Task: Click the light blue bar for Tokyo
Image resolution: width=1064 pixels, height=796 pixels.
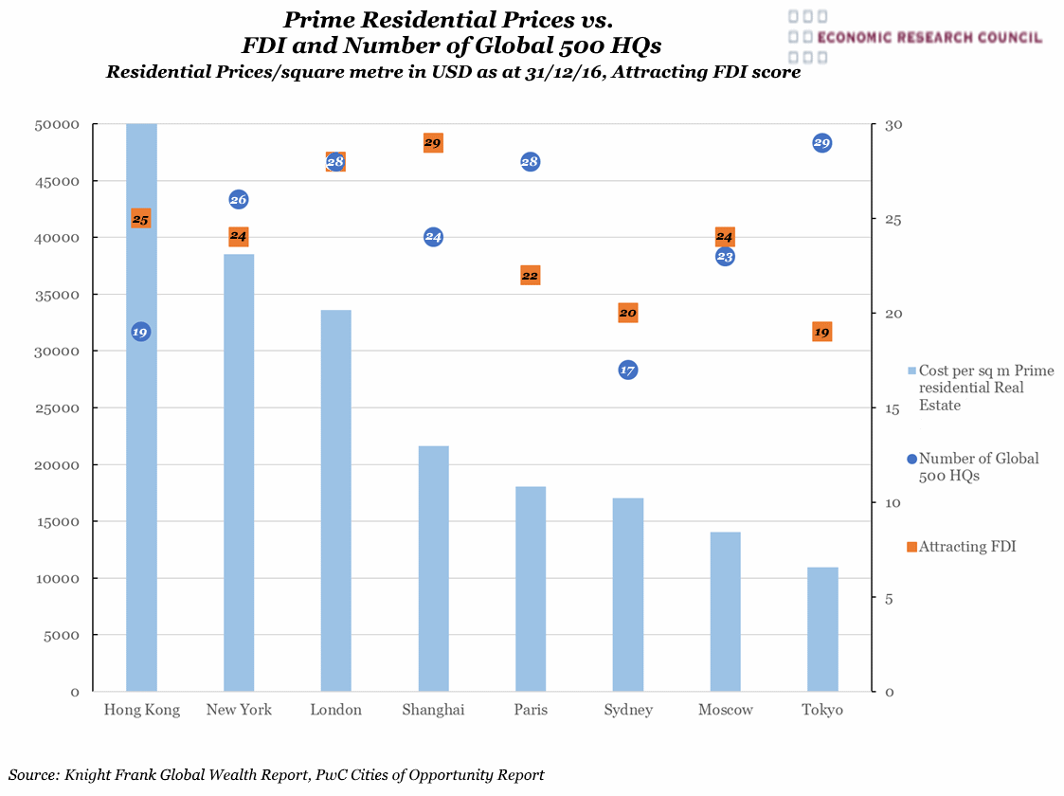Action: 822,629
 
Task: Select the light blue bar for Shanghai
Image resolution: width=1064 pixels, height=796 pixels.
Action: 433,569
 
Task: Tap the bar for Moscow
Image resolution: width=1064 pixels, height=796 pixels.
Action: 725,611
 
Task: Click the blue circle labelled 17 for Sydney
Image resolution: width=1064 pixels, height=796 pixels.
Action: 627,370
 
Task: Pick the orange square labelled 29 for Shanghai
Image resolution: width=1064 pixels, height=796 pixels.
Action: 433,143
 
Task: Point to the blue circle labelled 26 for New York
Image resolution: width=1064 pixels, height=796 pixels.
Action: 239,199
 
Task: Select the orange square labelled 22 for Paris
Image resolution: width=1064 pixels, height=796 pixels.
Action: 530,276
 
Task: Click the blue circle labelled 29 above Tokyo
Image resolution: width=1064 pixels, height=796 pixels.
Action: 821,143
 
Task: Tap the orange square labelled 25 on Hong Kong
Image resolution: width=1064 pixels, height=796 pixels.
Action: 141,219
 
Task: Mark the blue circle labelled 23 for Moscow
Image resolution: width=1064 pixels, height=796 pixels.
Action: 725,257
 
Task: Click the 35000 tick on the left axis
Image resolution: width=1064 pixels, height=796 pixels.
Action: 60,295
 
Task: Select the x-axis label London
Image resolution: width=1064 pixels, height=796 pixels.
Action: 335,710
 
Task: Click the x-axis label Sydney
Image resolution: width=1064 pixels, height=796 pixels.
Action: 627,710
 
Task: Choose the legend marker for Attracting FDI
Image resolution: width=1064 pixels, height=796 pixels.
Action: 911,547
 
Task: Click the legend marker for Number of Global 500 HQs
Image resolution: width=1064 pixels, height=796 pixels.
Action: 911,459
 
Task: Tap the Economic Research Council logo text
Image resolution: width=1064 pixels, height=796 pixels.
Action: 928,38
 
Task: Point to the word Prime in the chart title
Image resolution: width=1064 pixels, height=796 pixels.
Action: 322,19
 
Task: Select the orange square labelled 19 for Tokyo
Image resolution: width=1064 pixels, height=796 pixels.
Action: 821,332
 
